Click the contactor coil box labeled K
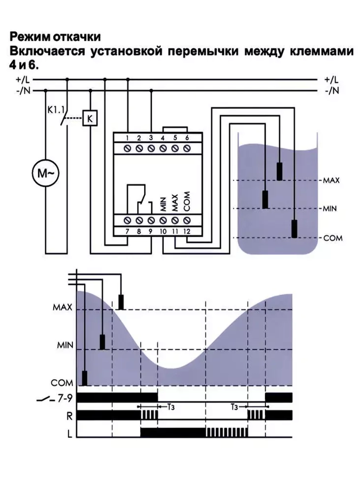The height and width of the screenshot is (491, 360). pyautogui.click(x=90, y=118)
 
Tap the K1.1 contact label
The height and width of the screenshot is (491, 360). pyautogui.click(x=55, y=109)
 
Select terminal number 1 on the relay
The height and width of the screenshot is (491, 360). pyautogui.click(x=127, y=138)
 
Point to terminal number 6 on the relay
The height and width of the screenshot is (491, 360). pyautogui.click(x=187, y=138)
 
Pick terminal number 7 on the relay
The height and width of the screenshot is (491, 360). pyautogui.click(x=127, y=231)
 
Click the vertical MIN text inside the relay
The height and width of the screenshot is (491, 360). pyautogui.click(x=163, y=204)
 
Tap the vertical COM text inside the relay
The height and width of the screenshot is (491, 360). pyautogui.click(x=186, y=202)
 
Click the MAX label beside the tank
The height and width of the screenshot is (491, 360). pyautogui.click(x=331, y=180)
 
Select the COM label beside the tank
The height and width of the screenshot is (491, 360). pyautogui.click(x=333, y=238)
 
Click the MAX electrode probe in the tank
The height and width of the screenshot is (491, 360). pyautogui.click(x=279, y=171)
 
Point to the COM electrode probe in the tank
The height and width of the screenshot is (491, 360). pyautogui.click(x=294, y=229)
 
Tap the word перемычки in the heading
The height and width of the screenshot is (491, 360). pyautogui.click(x=203, y=51)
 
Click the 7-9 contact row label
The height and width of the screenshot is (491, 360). pyautogui.click(x=65, y=398)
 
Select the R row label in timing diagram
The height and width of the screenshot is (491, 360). pyautogui.click(x=69, y=416)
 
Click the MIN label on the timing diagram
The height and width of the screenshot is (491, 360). pyautogui.click(x=65, y=346)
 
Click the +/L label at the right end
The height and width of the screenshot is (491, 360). pyautogui.click(x=331, y=80)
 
